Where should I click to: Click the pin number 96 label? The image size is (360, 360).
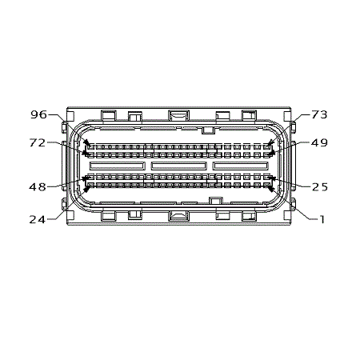pos(38,114)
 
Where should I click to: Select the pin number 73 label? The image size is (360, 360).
pos(319,114)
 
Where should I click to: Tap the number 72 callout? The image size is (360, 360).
pos(38,142)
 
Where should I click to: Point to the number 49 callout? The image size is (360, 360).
pos(319,142)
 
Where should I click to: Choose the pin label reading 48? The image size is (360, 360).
pos(38,187)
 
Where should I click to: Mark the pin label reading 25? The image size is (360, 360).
pos(320,187)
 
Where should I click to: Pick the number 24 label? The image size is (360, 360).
pos(38,219)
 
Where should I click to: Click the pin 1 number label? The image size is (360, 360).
pos(322,219)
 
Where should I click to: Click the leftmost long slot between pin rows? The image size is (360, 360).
pos(118,166)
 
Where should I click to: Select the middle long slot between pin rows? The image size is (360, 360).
pos(178,166)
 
